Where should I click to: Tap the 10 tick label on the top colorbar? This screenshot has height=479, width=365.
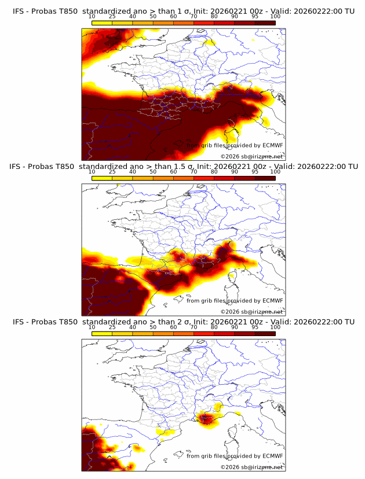pyautogui.click(x=92, y=16)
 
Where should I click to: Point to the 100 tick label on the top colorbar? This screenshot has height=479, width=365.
pyautogui.click(x=276, y=16)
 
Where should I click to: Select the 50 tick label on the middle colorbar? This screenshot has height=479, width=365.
pyautogui.click(x=153, y=171)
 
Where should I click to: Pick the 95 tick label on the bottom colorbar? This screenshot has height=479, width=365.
pyautogui.click(x=256, y=327)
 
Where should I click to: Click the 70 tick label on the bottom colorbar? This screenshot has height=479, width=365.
pyautogui.click(x=194, y=327)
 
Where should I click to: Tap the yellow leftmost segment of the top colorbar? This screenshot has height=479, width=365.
pyautogui.click(x=101, y=23)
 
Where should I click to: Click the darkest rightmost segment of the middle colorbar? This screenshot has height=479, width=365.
pyautogui.click(x=265, y=178)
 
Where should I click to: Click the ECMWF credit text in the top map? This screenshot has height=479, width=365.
pyautogui.click(x=235, y=145)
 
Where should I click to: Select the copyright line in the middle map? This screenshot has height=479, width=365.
pyautogui.click(x=251, y=311)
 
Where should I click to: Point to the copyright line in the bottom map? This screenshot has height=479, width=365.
pyautogui.click(x=251, y=467)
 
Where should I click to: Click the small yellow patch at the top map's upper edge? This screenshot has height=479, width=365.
pyautogui.click(x=210, y=42)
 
